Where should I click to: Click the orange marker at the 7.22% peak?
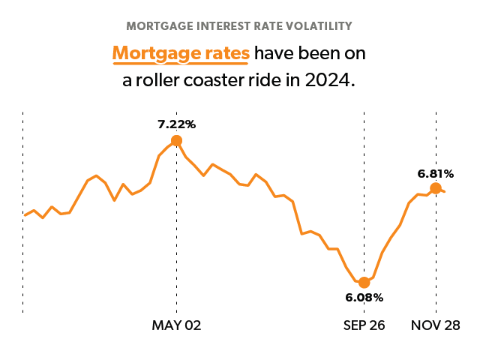click(x=176, y=140)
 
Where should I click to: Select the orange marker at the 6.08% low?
click(x=364, y=282)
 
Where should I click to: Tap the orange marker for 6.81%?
click(x=435, y=188)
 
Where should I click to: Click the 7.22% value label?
click(x=176, y=123)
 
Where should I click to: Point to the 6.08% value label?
click(x=364, y=298)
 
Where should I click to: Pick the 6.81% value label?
click(x=435, y=173)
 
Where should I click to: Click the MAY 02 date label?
click(x=176, y=325)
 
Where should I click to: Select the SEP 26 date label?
click(x=364, y=325)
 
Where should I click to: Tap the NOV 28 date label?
click(x=435, y=325)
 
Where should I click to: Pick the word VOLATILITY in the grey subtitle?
click(x=316, y=26)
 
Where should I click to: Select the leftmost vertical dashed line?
click(x=23, y=210)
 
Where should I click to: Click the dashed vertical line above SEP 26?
click(x=364, y=187)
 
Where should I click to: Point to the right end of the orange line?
click(x=445, y=191)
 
